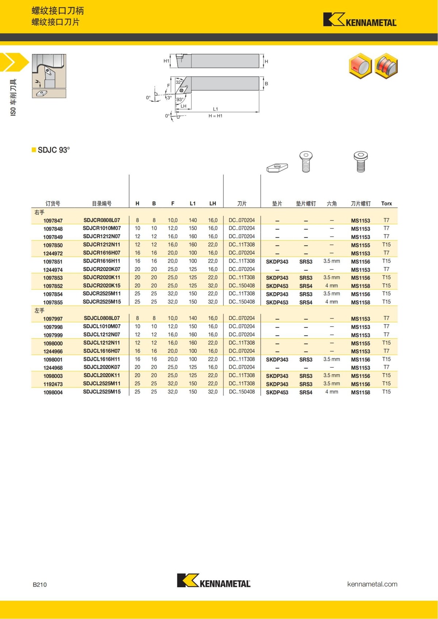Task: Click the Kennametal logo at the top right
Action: (x=360, y=20)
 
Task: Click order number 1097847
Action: (x=53, y=221)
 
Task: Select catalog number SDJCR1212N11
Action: (x=101, y=245)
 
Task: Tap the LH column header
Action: (x=212, y=204)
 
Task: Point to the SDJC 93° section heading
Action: (x=53, y=150)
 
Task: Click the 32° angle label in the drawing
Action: (x=179, y=82)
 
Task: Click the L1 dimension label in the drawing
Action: (x=215, y=109)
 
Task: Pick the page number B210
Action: (x=40, y=584)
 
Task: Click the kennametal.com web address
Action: (x=372, y=584)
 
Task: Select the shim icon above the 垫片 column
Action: (x=277, y=167)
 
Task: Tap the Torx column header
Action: (x=386, y=204)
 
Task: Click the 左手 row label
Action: (x=39, y=310)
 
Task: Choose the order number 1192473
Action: (x=53, y=384)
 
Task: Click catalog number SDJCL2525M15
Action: (x=101, y=392)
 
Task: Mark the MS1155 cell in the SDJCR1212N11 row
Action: (x=360, y=245)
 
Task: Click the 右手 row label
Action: (x=39, y=212)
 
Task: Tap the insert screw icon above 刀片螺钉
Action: (x=360, y=162)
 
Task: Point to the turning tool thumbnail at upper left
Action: (x=49, y=76)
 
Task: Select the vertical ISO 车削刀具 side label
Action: (x=13, y=97)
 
